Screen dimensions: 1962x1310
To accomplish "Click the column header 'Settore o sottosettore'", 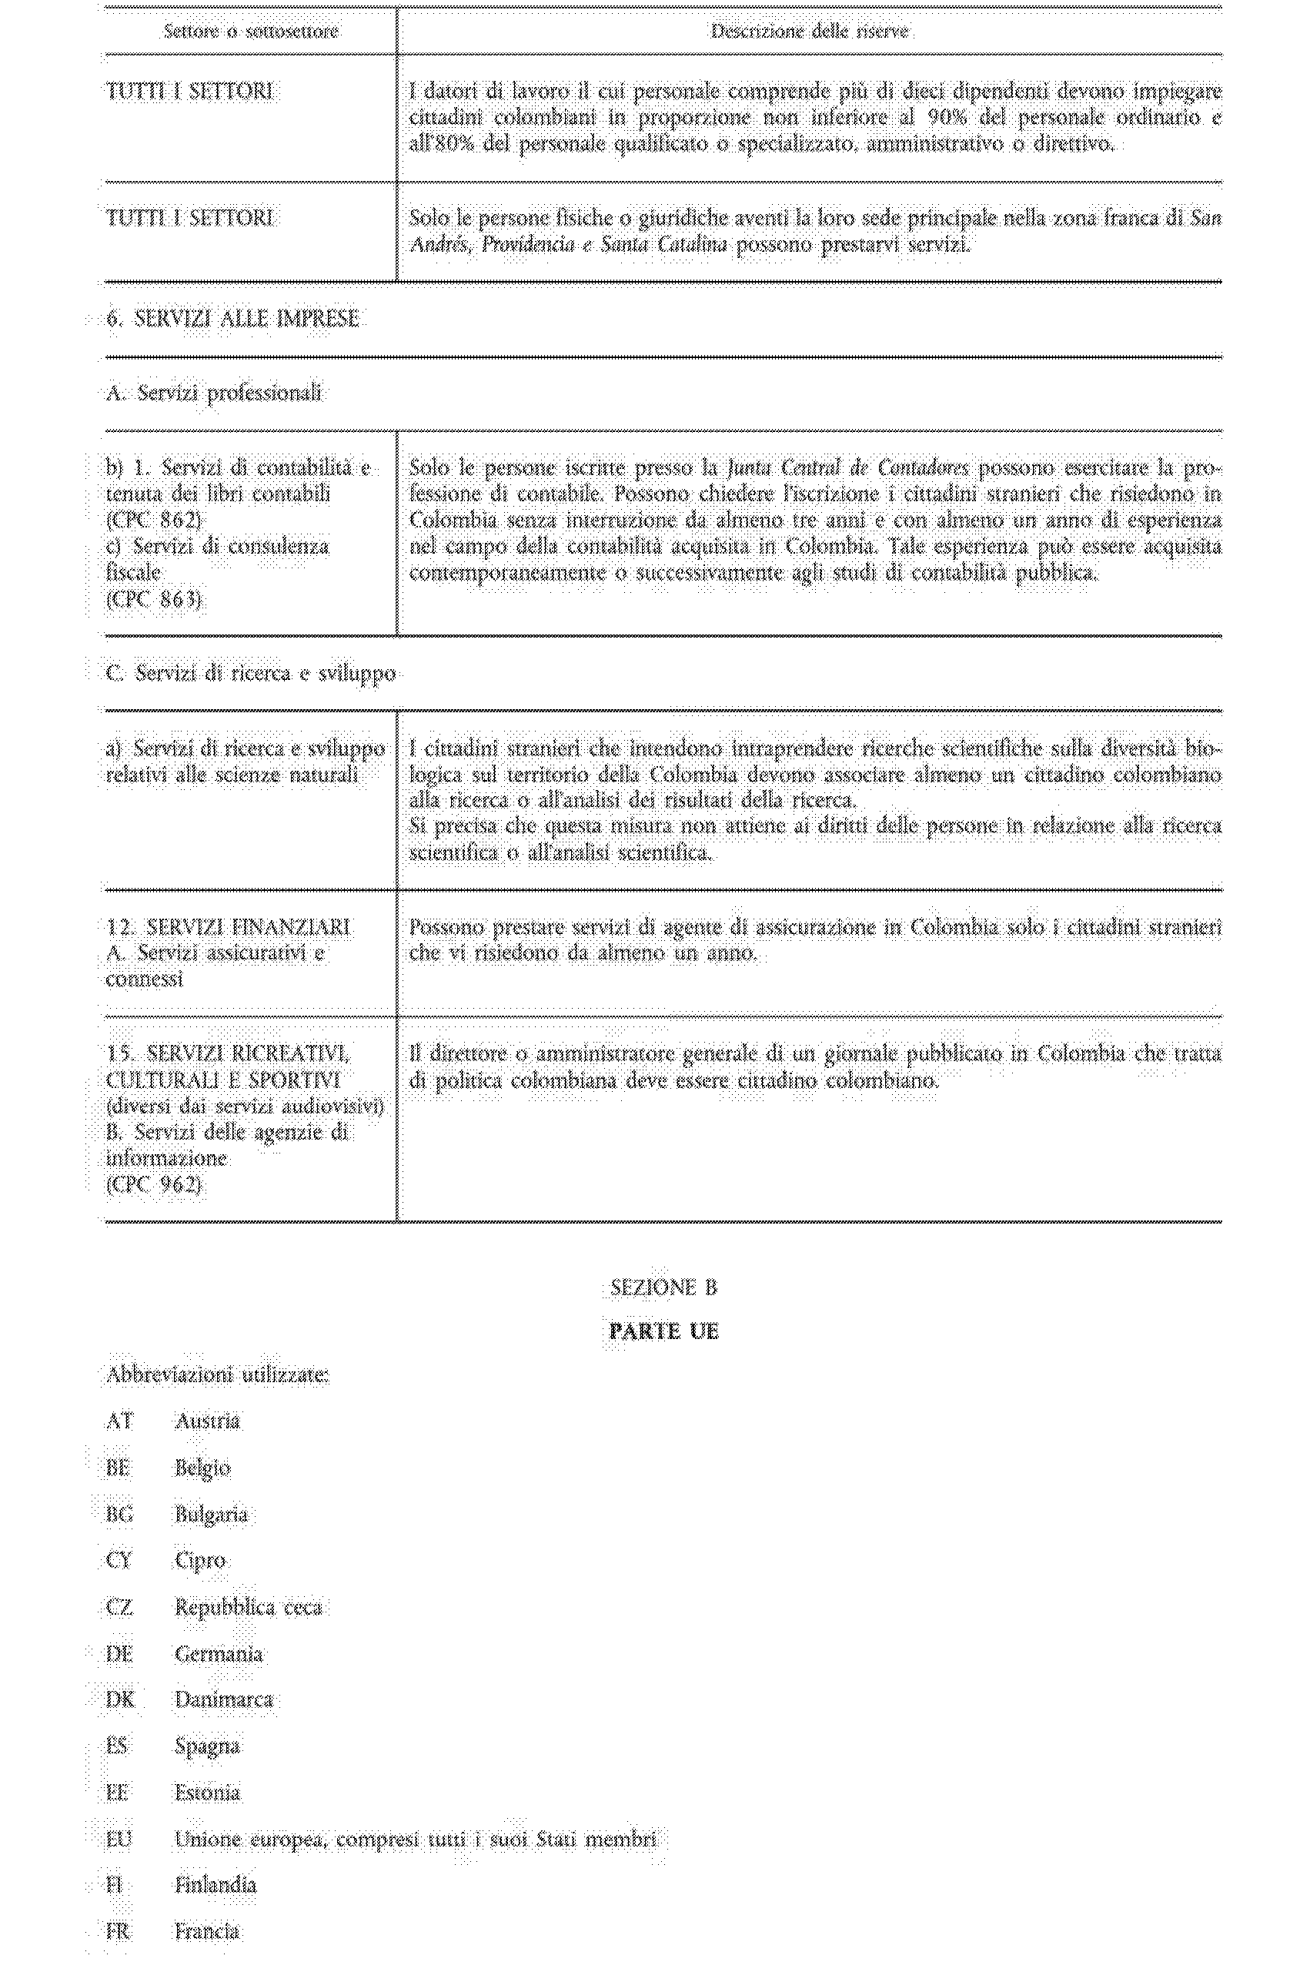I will [251, 32].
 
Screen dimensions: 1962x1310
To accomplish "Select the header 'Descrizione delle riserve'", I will [810, 32].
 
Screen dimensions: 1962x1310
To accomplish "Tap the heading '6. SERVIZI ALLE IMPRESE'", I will [233, 318].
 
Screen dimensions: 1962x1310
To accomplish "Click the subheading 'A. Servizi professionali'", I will [214, 393].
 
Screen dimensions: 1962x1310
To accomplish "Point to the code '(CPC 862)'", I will [154, 520].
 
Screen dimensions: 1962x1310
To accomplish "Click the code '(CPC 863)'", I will [154, 599].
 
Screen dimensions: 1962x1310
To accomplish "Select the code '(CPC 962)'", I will [154, 1184].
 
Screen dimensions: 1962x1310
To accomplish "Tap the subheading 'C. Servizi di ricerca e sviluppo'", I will [251, 674].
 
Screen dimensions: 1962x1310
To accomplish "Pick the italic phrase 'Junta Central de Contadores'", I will [847, 467].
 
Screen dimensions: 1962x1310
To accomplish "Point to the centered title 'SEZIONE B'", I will [663, 1287].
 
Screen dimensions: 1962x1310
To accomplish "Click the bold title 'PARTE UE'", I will [663, 1331].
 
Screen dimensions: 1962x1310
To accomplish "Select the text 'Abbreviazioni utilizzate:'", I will [217, 1375].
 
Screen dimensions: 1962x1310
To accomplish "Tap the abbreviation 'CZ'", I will [119, 1607].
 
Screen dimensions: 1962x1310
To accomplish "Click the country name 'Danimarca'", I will [223, 1699].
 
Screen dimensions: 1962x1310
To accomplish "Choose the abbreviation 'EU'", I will [119, 1839].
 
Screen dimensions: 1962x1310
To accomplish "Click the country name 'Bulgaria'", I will [211, 1514].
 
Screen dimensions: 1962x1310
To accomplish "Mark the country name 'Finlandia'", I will [215, 1885].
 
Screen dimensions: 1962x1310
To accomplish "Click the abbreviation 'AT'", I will [119, 1421].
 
